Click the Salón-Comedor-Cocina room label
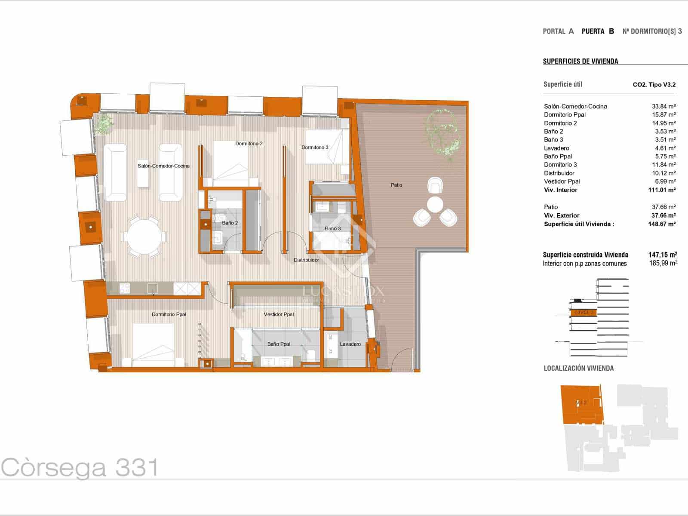pyautogui.click(x=163, y=166)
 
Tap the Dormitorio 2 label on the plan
pyautogui.click(x=249, y=144)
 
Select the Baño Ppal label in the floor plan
pyautogui.click(x=279, y=344)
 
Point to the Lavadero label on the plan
pyautogui.click(x=350, y=344)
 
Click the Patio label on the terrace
pyautogui.click(x=396, y=185)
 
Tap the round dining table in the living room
pyautogui.click(x=144, y=236)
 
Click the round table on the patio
pyautogui.click(x=435, y=204)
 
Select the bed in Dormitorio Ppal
pyautogui.click(x=153, y=344)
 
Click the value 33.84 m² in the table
pyautogui.click(x=663, y=106)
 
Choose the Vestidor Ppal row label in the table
pyautogui.click(x=562, y=181)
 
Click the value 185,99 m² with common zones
pyautogui.click(x=663, y=263)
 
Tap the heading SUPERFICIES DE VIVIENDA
pyautogui.click(x=580, y=61)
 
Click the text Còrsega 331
pyautogui.click(x=80, y=468)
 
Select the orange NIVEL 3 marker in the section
pyautogui.click(x=584, y=313)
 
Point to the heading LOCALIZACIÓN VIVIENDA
pyautogui.click(x=578, y=368)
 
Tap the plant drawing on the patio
pyautogui.click(x=443, y=131)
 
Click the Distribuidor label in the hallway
pyautogui.click(x=306, y=260)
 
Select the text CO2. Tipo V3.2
pyautogui.click(x=654, y=85)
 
